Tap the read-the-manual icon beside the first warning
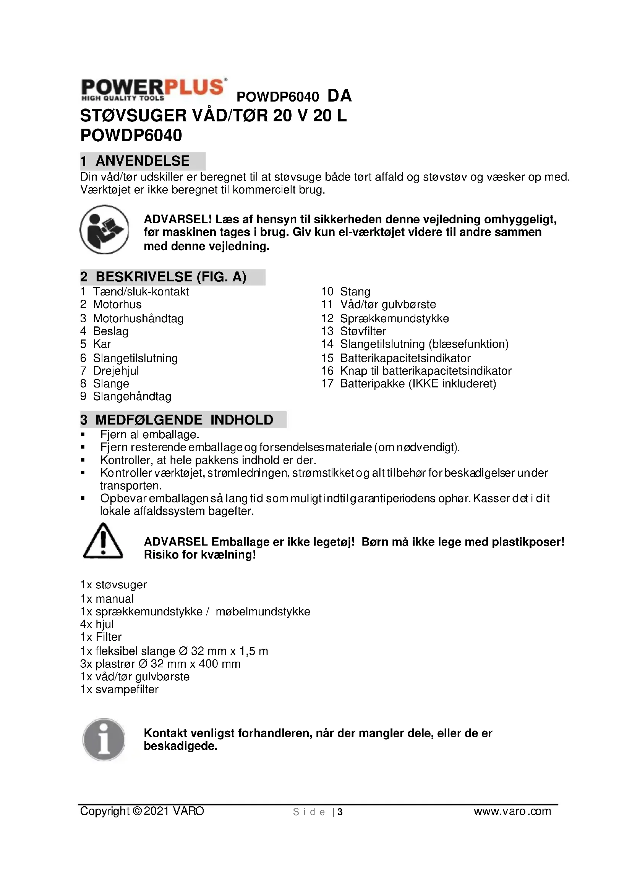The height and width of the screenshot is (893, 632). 104,229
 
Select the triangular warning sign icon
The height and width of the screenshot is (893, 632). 103,541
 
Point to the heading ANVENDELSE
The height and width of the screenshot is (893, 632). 143,161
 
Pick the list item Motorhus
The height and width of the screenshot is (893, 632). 117,305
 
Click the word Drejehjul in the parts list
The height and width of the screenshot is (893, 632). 116,371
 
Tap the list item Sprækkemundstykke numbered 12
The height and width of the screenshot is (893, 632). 394,318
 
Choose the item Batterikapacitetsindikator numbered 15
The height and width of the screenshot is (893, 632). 405,358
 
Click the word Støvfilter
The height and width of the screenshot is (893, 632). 363,331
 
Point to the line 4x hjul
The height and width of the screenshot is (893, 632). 97,624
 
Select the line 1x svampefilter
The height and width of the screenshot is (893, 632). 120,690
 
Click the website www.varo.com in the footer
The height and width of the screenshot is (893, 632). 512,811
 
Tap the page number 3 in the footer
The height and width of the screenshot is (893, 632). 340,812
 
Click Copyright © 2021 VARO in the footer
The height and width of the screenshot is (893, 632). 142,811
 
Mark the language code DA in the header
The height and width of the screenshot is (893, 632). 339,96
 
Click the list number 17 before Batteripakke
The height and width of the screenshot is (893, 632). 327,384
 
